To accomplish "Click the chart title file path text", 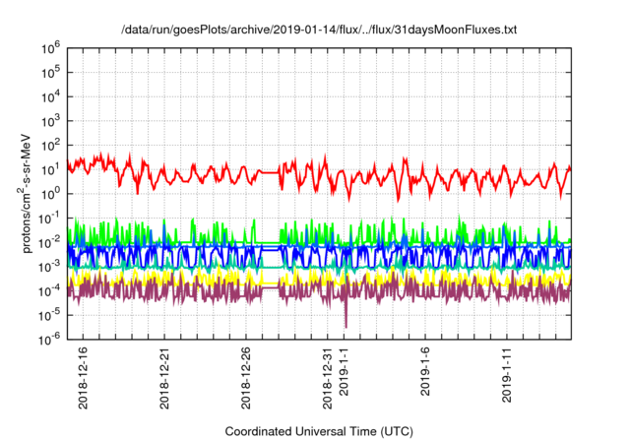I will [318, 31].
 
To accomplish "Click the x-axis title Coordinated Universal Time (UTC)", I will [318, 431].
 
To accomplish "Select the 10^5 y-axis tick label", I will [52, 71].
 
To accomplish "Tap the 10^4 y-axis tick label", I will [52, 95].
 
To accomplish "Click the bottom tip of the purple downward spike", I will [346, 327].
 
